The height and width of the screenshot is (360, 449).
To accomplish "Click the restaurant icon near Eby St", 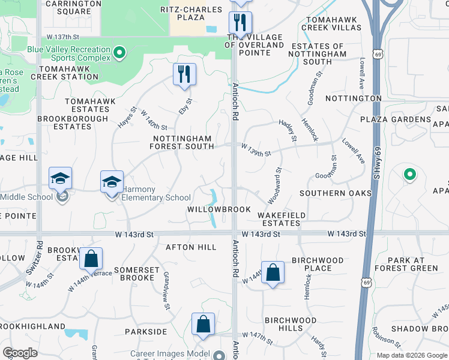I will click(184, 74).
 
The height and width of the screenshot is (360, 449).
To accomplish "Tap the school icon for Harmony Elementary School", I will click(112, 182).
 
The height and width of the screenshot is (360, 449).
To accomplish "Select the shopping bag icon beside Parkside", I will click(203, 324).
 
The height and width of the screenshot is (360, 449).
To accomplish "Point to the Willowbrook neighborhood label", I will click(218, 209).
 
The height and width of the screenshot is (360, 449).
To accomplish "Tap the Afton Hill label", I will click(191, 247).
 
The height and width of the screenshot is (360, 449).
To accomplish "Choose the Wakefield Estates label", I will click(282, 219).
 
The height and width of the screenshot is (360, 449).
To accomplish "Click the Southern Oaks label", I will click(336, 193).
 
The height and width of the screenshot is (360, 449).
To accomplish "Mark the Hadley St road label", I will click(288, 130).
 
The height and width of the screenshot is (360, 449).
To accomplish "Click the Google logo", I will click(20, 352).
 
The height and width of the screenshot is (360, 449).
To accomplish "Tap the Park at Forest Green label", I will click(405, 264).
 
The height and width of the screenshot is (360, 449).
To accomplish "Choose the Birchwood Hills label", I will click(291, 324).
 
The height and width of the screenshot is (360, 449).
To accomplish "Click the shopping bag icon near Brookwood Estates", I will click(91, 259).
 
